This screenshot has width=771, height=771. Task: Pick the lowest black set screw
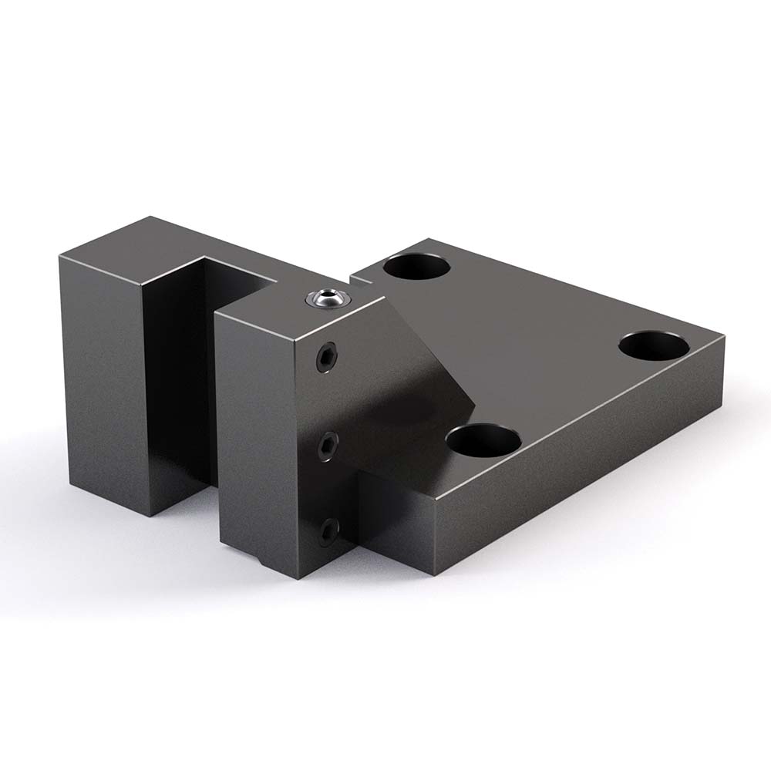click(330, 530)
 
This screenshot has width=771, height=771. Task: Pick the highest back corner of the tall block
click(155, 217)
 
